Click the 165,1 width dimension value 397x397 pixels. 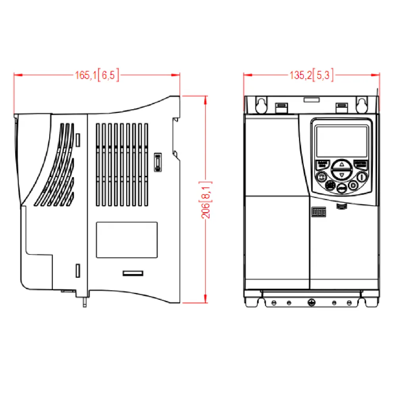[x=86, y=75]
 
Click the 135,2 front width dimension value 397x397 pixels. [x=300, y=75]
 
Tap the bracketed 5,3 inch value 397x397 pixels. [x=323, y=75]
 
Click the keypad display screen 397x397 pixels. [x=341, y=141]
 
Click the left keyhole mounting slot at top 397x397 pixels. [x=261, y=105]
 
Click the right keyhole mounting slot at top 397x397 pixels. [x=361, y=105]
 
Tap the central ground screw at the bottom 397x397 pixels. [x=311, y=303]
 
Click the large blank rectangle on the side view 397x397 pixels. [x=127, y=240]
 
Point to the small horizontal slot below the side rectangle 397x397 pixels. [x=132, y=273]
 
